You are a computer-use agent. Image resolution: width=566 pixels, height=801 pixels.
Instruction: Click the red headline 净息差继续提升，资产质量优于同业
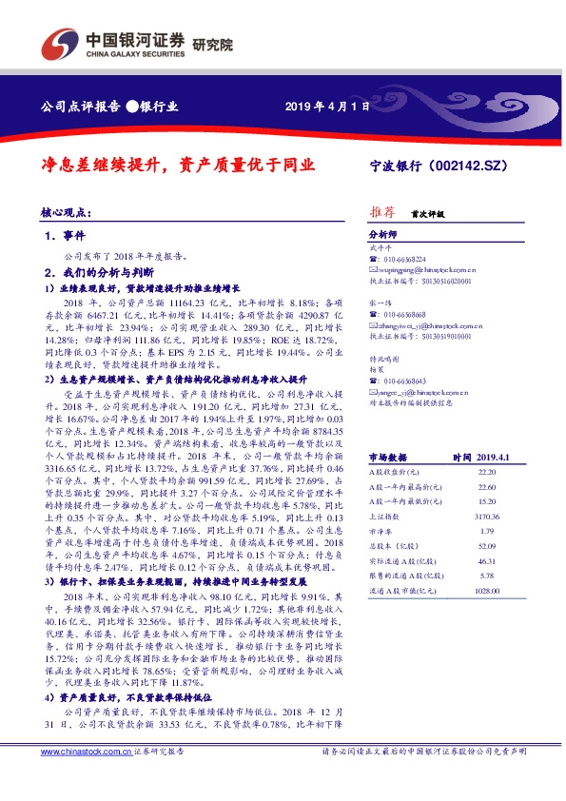click(177, 164)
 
